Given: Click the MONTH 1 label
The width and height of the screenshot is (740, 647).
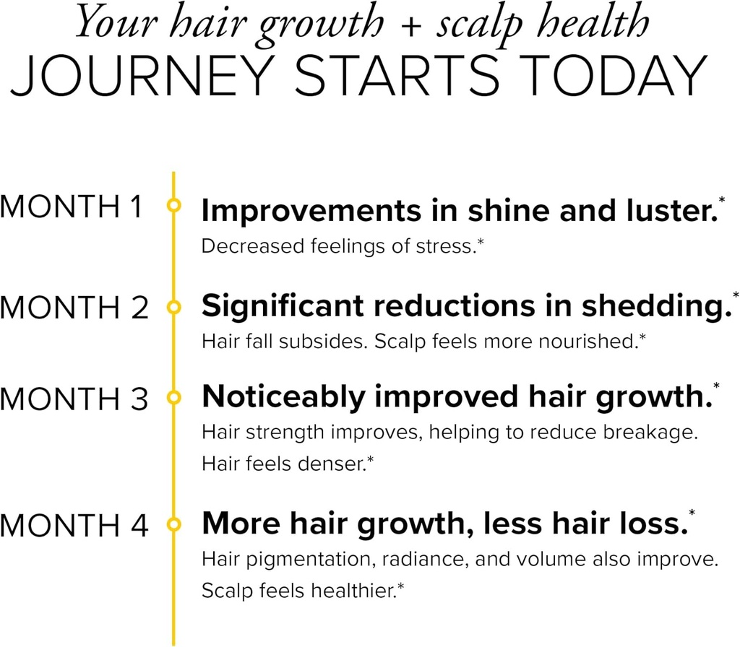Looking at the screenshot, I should (72, 207).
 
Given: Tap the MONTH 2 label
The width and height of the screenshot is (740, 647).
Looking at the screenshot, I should (74, 308).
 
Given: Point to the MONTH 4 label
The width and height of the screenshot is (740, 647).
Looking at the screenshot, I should (74, 524).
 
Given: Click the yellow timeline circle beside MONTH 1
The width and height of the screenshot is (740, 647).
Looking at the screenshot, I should (173, 206).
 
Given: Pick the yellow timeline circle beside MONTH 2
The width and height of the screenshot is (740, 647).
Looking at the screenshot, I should (173, 308).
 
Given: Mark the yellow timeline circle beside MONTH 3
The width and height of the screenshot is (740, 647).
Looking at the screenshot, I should (173, 397).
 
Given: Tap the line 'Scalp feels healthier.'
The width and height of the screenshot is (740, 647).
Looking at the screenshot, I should (299, 591).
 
